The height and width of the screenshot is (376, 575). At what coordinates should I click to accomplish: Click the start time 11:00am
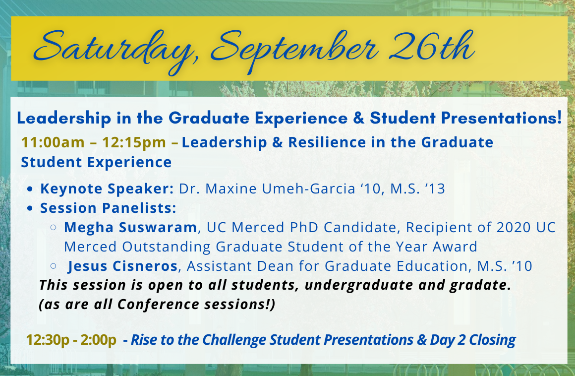[53, 142]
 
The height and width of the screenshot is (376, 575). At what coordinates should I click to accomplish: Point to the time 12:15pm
[134, 142]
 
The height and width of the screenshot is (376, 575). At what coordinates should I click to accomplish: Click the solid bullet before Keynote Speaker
[30, 189]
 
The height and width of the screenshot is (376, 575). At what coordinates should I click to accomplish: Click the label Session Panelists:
[108, 208]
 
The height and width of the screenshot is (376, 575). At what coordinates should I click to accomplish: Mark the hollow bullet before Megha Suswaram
[54, 227]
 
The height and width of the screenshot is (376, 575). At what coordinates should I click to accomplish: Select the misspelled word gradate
[480, 285]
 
